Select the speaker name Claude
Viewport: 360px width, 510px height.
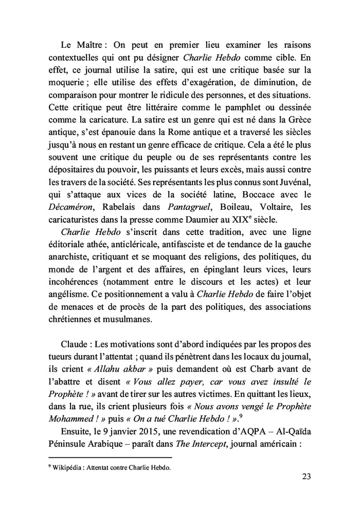click(76, 341)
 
